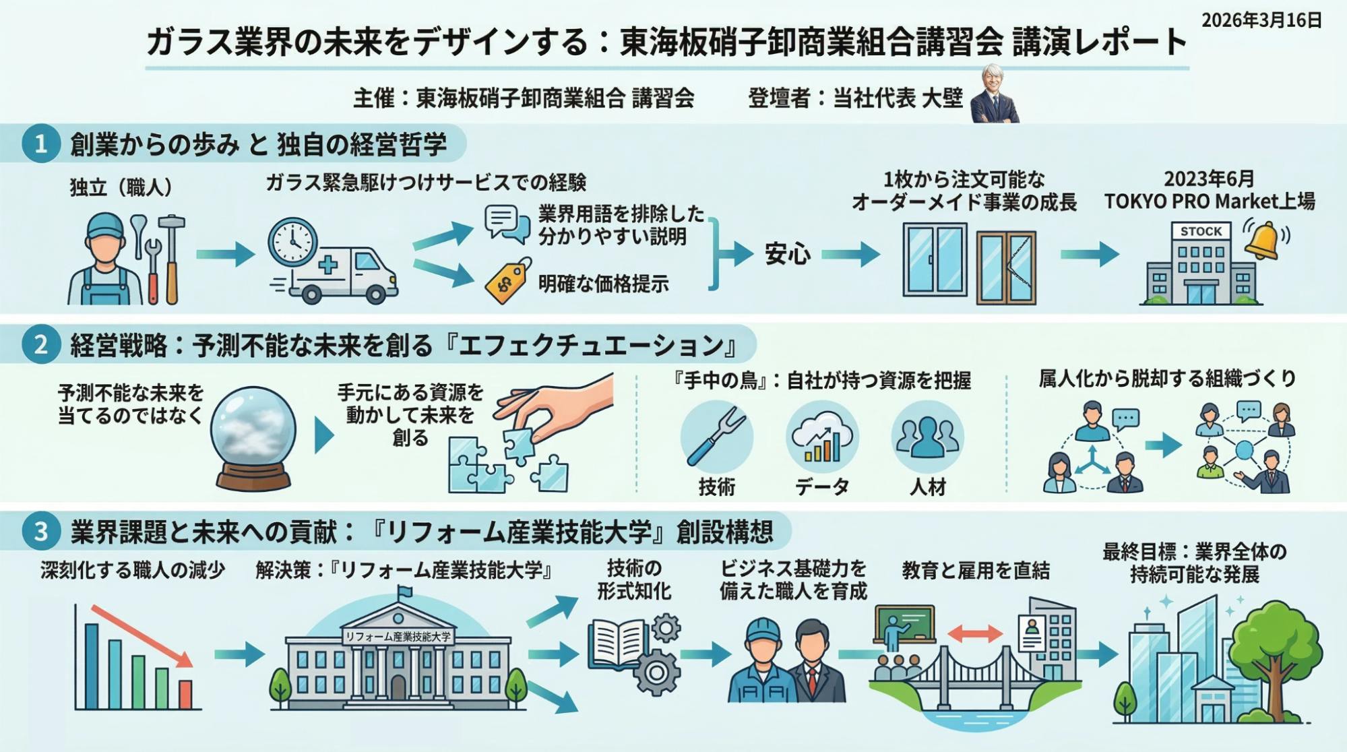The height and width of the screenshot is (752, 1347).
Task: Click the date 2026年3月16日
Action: coord(1261,20)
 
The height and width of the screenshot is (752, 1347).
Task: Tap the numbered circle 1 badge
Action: coord(40,144)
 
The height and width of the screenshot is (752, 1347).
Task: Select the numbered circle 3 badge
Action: coord(40,531)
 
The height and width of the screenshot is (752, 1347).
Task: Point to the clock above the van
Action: coord(292,241)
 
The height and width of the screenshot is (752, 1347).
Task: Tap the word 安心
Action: coord(787,254)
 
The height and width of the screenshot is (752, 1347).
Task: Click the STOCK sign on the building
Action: coord(1201,231)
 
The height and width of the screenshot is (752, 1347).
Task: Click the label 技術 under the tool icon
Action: coord(716,487)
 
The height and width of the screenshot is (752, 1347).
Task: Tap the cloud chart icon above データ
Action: coord(821,437)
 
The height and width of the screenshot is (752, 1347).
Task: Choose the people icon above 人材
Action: coord(927,437)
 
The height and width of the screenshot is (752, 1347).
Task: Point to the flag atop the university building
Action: coord(404,592)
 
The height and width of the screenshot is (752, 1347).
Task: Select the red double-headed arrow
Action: coord(975,633)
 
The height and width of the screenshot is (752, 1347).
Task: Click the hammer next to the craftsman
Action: coord(173,256)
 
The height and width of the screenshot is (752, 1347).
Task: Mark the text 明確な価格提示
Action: coord(603,284)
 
